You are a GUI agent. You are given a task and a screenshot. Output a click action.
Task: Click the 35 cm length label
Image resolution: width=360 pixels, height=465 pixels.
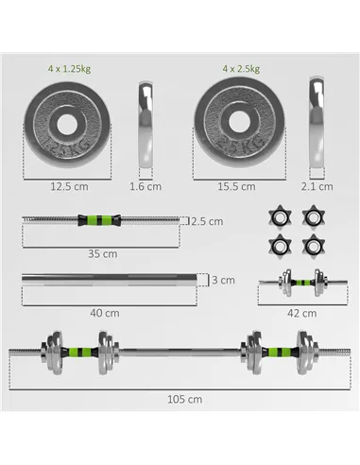click(x=102, y=253)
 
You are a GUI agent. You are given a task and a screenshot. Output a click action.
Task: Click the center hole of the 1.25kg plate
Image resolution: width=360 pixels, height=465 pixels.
click(x=68, y=124)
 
